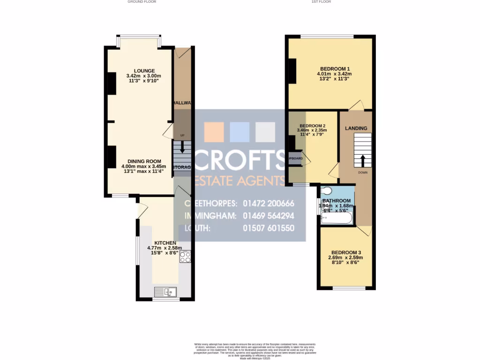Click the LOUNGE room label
(x=143, y=71)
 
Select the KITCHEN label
(x=165, y=242)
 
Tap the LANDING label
(x=356, y=128)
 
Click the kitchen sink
(x=165, y=292)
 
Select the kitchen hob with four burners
(x=185, y=256)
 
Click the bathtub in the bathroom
(x=337, y=218)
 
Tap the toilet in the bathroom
(x=327, y=190)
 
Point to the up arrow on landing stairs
(x=362, y=160)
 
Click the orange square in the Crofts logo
(x=214, y=132)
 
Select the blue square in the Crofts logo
(x=240, y=132)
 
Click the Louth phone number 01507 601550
(x=269, y=228)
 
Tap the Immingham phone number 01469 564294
(x=269, y=216)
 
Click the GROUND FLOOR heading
(x=142, y=2)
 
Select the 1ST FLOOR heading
(x=321, y=2)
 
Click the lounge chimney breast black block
(x=112, y=83)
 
